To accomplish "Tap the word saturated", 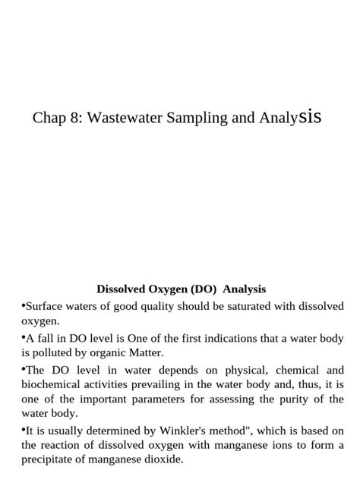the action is pos(235,306).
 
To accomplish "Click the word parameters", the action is pos(179,399).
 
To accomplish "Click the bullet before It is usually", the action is pos(23,429).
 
